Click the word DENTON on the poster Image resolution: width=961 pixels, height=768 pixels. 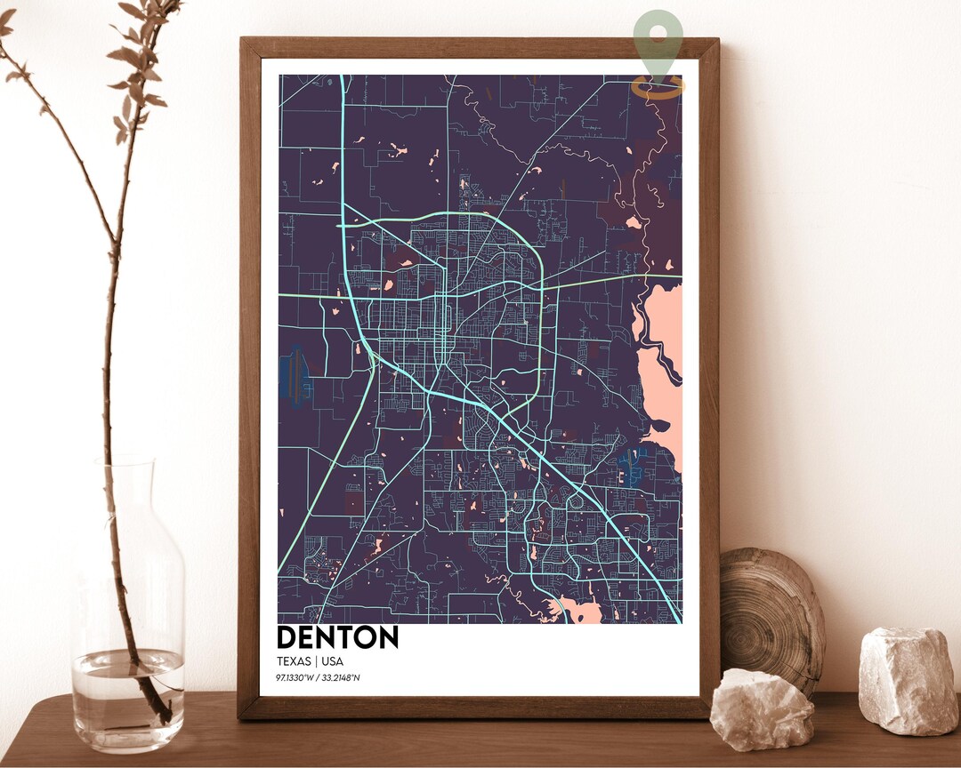pyautogui.click(x=337, y=637)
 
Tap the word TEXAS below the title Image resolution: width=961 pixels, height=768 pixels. pyautogui.click(x=295, y=661)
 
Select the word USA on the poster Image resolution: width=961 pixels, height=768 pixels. pyautogui.click(x=332, y=661)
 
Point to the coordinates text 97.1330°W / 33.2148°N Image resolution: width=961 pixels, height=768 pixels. pyautogui.click(x=318, y=678)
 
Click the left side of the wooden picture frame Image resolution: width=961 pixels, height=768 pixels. pyautogui.click(x=249, y=373)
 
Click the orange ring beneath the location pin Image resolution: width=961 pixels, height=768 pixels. pyautogui.click(x=658, y=87)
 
